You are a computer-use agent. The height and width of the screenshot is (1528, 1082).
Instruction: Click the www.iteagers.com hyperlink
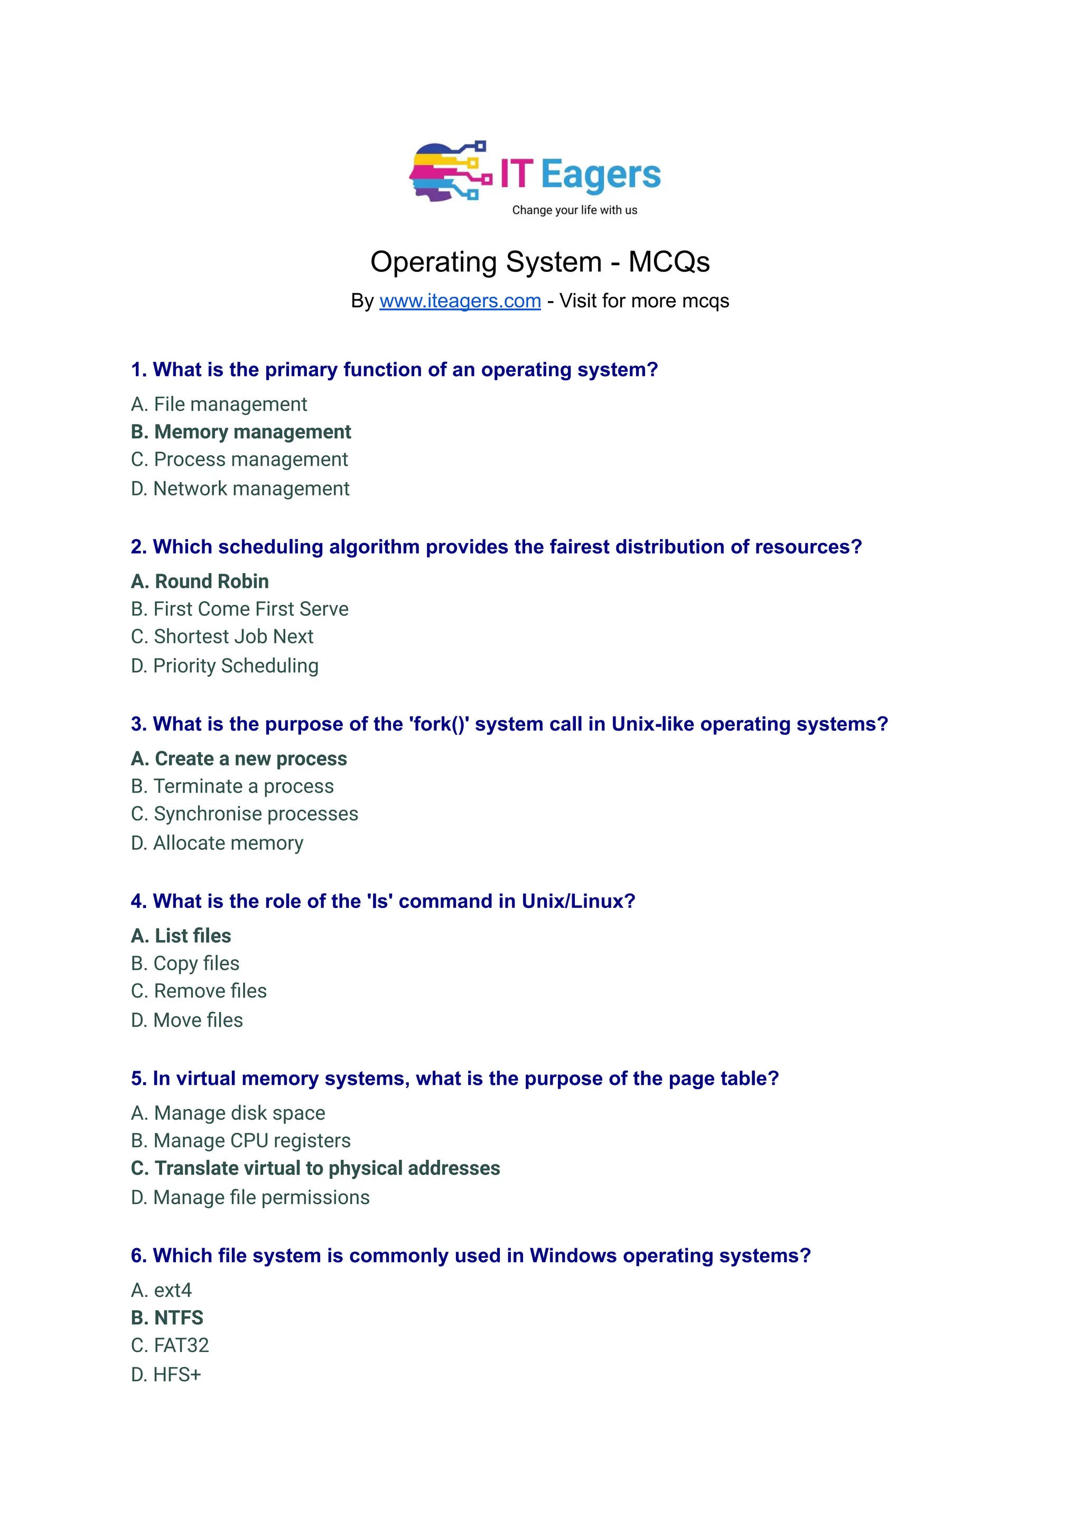point(460,301)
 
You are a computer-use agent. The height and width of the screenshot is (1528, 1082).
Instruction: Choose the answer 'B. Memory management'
point(240,432)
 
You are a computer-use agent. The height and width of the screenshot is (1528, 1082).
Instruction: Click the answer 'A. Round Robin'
point(200,582)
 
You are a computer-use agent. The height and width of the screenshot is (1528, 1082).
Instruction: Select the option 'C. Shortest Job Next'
point(222,637)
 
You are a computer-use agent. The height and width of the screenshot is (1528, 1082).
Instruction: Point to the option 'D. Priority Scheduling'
point(225,666)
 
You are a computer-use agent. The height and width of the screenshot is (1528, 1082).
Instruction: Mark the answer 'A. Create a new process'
point(238,758)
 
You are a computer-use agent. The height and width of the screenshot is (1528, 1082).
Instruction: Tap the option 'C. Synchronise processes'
point(245,814)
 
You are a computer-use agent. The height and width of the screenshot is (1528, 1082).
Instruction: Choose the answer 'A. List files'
point(181,936)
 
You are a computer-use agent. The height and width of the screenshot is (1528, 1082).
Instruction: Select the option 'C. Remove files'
point(199,991)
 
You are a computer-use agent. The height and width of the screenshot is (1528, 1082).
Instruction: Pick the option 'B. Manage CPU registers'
point(240,1141)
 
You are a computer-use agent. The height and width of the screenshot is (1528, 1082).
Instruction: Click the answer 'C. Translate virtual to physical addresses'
point(315,1168)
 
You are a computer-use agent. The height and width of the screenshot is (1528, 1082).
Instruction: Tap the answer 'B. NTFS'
point(167,1317)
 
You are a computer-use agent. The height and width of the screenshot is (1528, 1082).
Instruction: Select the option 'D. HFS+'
point(166,1375)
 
